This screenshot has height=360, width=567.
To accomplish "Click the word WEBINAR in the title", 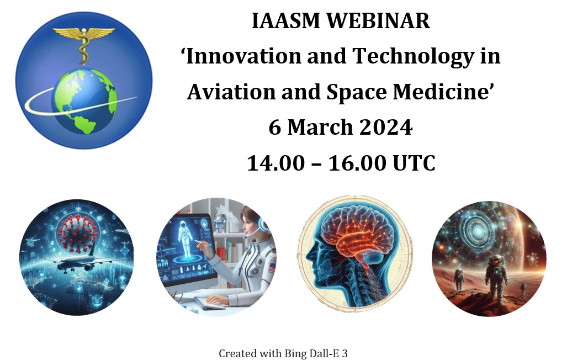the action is click(379, 20).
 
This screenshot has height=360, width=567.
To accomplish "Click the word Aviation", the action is click(231, 92).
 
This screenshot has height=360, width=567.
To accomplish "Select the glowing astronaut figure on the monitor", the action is click(186, 240).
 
